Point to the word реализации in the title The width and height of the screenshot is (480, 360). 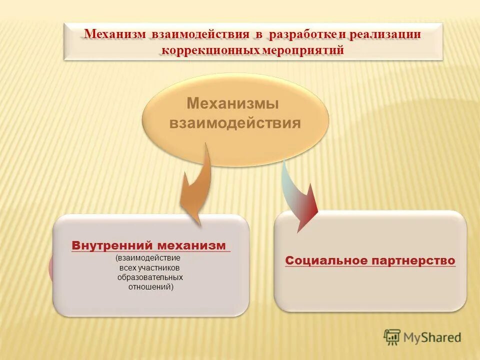click(x=385, y=34)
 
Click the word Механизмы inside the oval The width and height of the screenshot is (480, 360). click(x=232, y=103)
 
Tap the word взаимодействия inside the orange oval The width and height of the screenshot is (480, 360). click(x=235, y=123)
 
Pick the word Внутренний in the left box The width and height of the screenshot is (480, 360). click(x=112, y=245)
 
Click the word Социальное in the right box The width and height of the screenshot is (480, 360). click(x=325, y=260)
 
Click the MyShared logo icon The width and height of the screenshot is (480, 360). click(x=392, y=337)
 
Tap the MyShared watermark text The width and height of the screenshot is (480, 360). click(x=432, y=337)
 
